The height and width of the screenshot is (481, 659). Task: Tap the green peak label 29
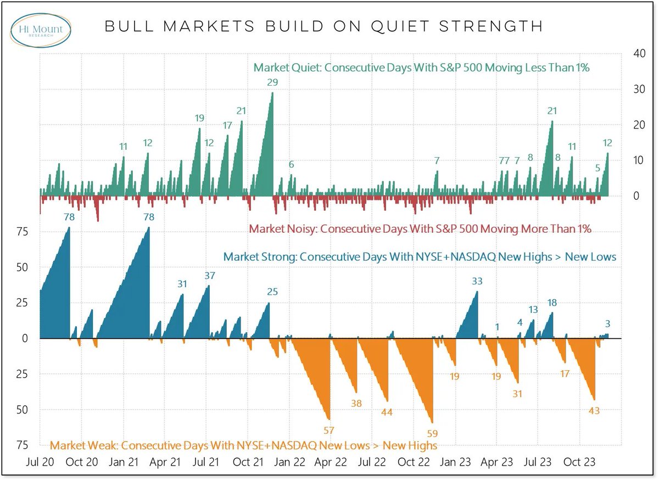tap(272, 83)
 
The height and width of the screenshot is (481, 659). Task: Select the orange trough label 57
tap(329, 430)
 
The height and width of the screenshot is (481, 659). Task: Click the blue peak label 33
tap(477, 281)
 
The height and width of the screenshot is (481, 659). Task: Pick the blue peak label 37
tap(209, 276)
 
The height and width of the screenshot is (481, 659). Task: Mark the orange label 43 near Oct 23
tap(594, 410)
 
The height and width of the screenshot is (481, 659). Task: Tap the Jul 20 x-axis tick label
tap(40, 462)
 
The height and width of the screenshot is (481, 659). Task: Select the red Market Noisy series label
tap(420, 228)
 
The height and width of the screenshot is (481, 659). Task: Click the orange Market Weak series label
tap(244, 445)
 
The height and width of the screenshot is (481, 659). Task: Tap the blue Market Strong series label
tap(420, 256)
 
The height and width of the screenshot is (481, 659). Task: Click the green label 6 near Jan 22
tap(292, 165)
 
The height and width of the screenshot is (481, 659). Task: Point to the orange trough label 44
tap(387, 412)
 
